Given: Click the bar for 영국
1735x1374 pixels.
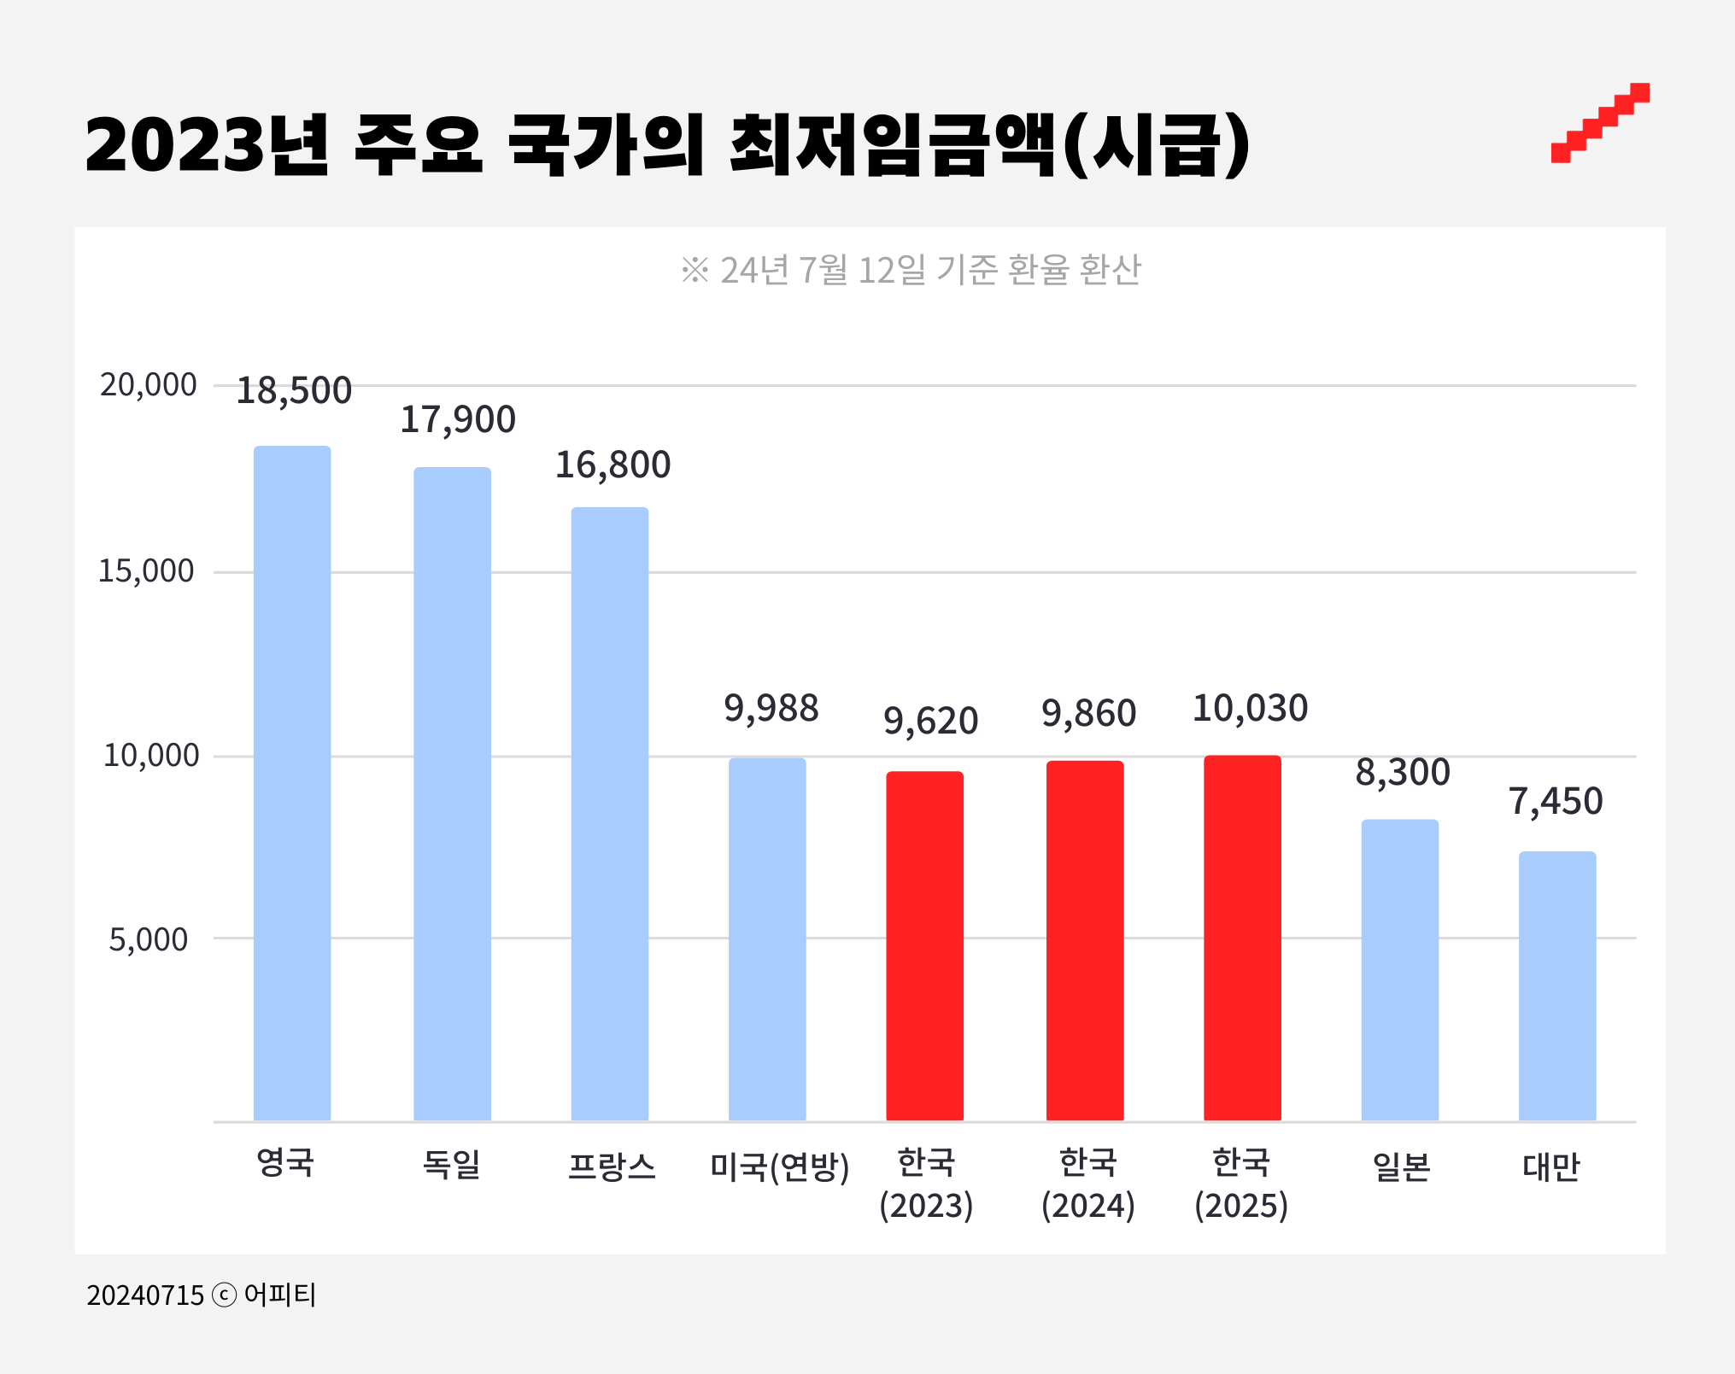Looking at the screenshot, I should click(x=292, y=782).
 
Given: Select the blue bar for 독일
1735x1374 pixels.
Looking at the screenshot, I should click(x=452, y=793).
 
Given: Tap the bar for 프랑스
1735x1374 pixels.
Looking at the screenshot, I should click(x=610, y=813).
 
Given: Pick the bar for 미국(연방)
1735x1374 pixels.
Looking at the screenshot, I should click(x=767, y=938).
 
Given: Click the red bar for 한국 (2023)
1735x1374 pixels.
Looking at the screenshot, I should click(x=924, y=945).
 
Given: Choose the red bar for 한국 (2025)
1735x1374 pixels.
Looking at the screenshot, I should click(x=1242, y=937).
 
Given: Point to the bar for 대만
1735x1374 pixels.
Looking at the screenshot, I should click(x=1556, y=985).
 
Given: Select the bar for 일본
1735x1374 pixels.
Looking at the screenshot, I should click(x=1399, y=969).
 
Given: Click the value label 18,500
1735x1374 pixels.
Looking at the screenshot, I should click(x=294, y=391).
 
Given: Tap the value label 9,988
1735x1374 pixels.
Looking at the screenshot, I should click(x=771, y=709).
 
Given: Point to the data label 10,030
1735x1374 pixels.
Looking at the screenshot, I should click(x=1250, y=709).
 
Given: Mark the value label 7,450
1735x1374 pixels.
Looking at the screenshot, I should click(x=1556, y=802).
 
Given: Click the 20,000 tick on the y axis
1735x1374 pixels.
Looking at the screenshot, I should click(x=149, y=385).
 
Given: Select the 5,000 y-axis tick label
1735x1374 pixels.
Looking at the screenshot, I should click(x=149, y=939).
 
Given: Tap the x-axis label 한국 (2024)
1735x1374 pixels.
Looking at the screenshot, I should click(x=1087, y=1184).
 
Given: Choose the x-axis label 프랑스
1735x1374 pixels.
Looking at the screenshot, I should click(x=612, y=1166).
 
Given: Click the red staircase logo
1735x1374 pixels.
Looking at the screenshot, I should click(x=1600, y=122).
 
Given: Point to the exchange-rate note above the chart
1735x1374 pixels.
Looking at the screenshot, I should click(x=911, y=270).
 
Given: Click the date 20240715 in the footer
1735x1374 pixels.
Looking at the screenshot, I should click(x=145, y=1295).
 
